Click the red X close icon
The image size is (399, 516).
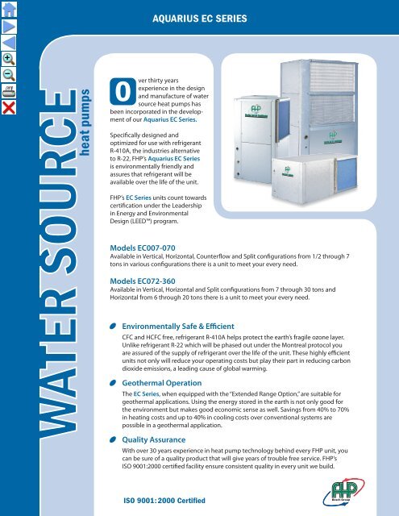[x=10, y=106]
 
